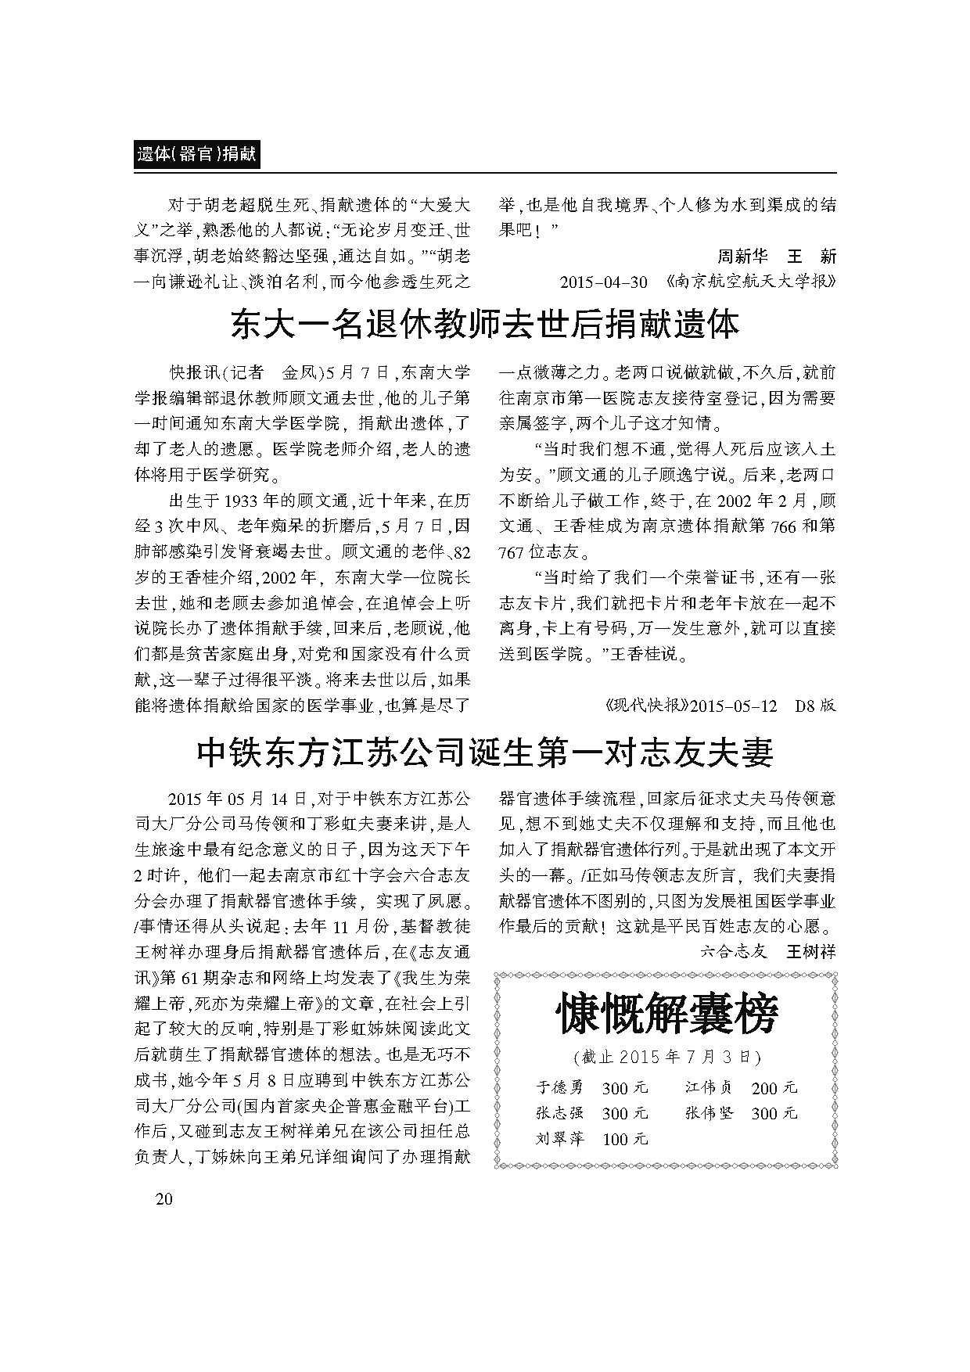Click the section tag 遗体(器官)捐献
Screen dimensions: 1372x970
click(196, 155)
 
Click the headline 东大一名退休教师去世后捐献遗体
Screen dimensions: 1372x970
click(485, 325)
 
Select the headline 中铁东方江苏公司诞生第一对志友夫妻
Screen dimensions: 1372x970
click(485, 752)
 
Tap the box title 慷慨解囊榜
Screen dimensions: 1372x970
click(666, 1015)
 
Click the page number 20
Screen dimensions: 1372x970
click(163, 1201)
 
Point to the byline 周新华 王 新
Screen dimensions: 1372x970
click(776, 257)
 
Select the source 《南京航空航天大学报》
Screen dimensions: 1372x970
click(749, 282)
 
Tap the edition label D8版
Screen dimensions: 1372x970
click(815, 705)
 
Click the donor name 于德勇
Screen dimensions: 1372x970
click(560, 1087)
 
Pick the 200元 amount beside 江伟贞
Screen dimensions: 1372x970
click(774, 1087)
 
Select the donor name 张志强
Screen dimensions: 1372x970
click(560, 1113)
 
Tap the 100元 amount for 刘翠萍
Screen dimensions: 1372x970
click(625, 1139)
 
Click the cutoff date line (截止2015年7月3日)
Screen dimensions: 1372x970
click(666, 1057)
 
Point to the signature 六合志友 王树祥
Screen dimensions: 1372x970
click(767, 951)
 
